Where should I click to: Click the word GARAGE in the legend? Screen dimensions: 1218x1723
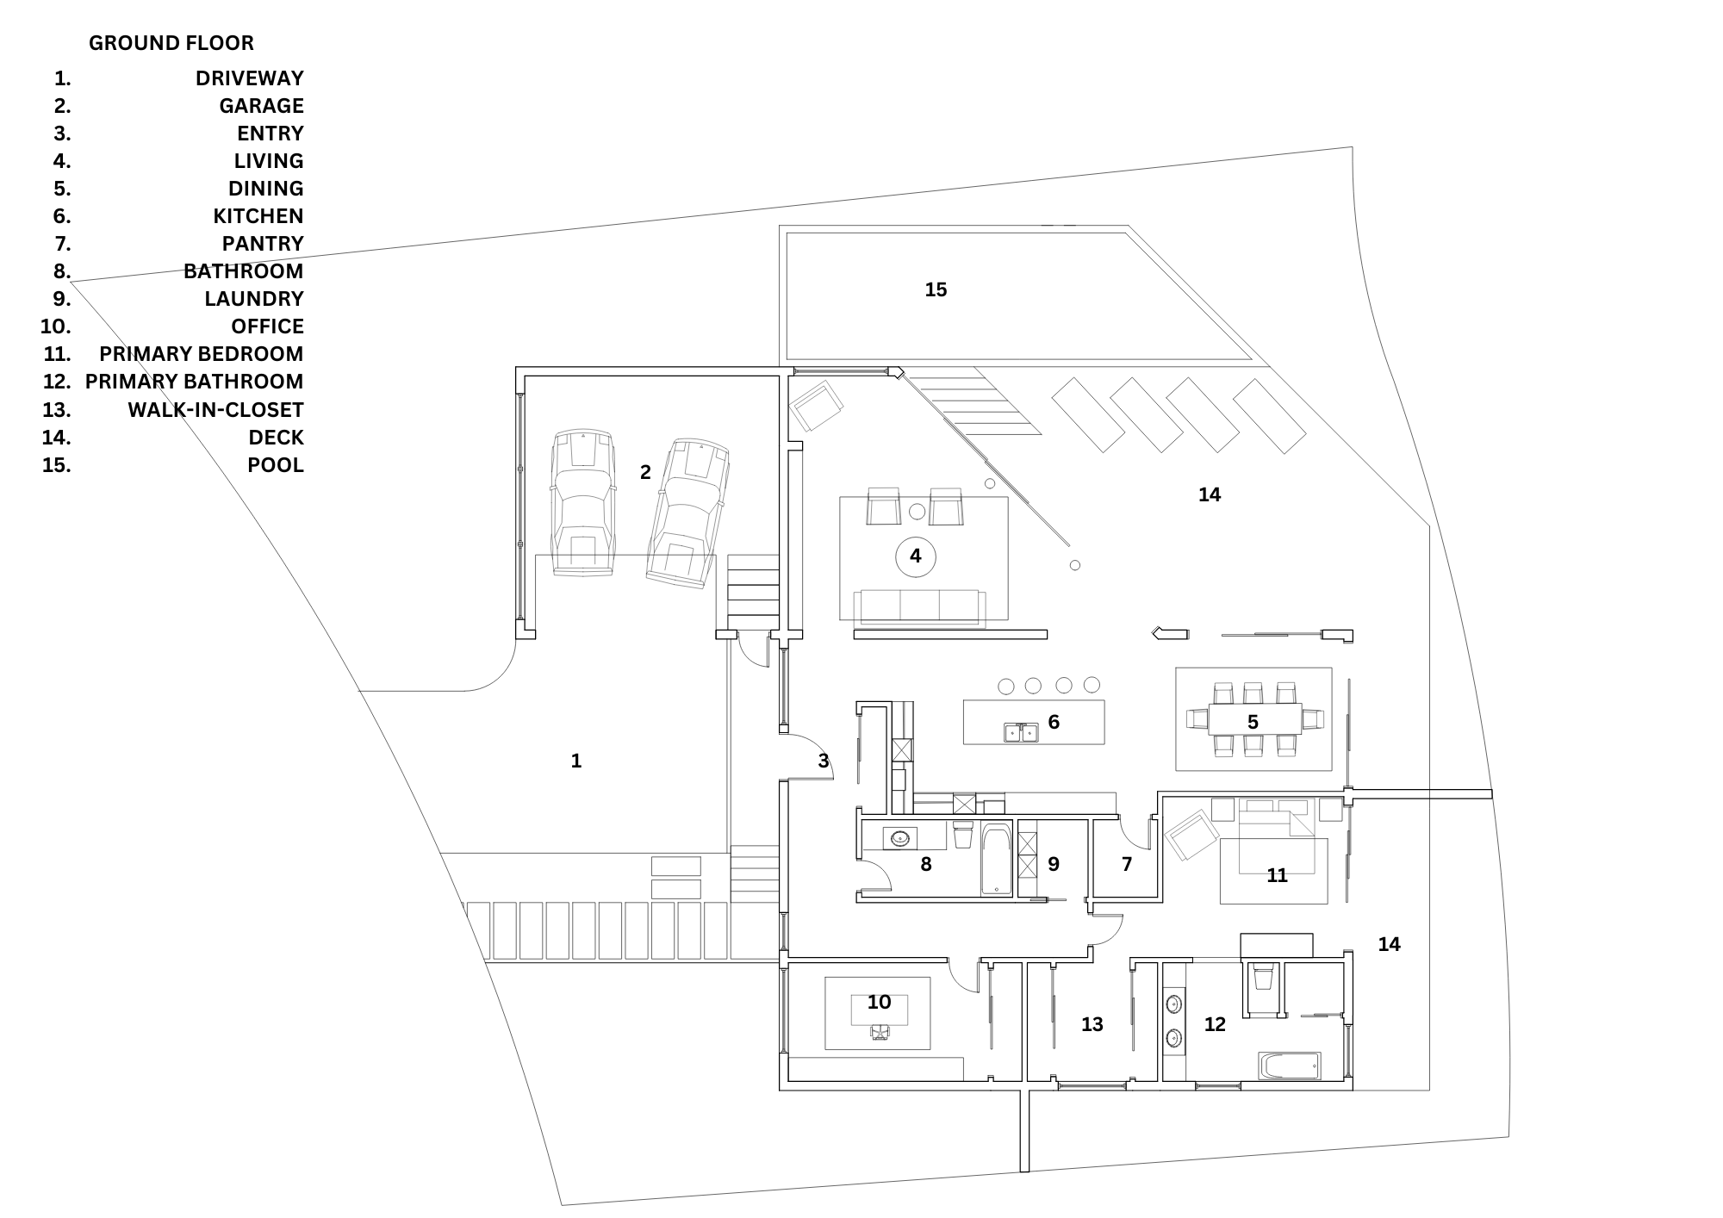pos(261,106)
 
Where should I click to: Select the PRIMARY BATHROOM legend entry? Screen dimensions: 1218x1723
pos(194,382)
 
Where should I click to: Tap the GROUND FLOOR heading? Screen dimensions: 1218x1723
pos(171,43)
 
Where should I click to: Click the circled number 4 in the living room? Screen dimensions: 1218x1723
pos(915,556)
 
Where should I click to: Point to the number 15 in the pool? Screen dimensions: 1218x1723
pos(936,290)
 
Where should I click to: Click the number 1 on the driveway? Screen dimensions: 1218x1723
pos(576,761)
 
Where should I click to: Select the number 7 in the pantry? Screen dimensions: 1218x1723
pos(1127,864)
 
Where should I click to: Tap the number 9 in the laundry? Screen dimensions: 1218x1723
pos(1053,864)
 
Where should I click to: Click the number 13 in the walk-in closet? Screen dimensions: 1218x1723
pos(1092,1025)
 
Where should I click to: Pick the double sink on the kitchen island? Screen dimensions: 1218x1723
pos(1022,732)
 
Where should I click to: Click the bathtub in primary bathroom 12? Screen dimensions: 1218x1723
pos(1289,1066)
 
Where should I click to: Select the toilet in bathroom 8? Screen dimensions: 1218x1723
pos(963,836)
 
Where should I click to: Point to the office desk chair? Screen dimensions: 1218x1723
pos(880,1032)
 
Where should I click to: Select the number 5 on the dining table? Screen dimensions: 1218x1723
pos(1253,723)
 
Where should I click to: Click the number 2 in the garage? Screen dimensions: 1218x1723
pos(645,472)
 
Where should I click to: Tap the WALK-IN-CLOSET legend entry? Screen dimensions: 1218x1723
pos(215,410)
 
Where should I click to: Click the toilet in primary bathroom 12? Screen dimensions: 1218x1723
pos(1263,979)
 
